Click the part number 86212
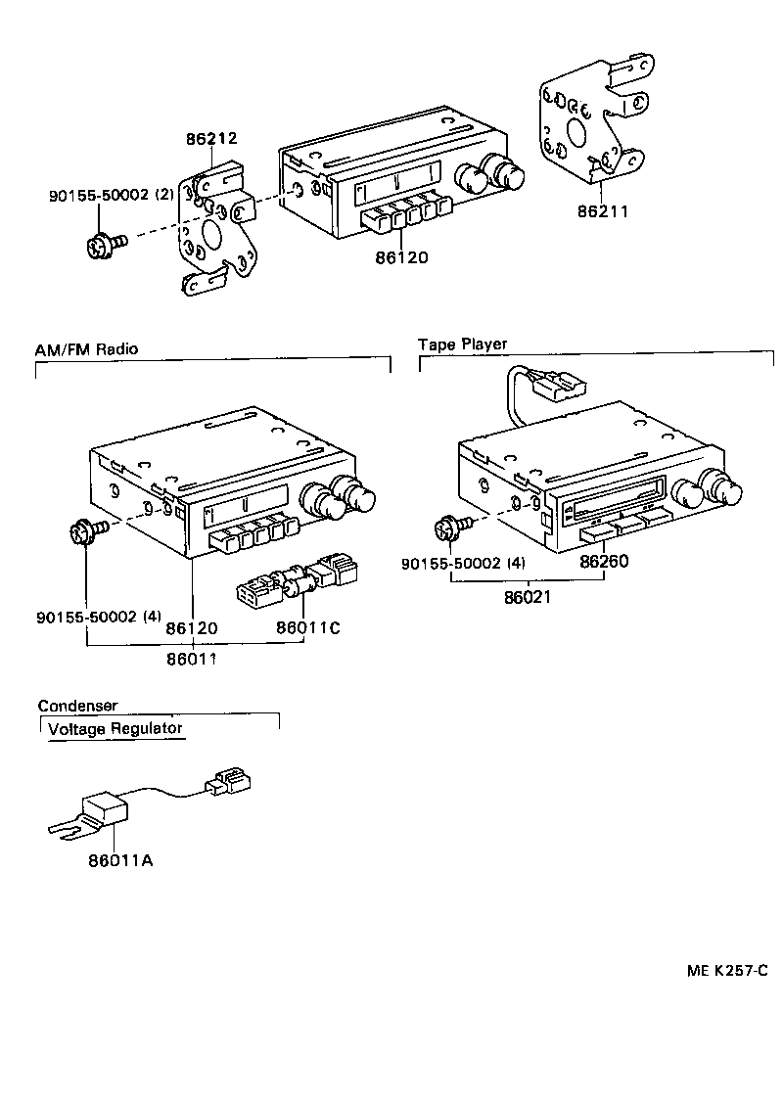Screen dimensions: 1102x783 212,140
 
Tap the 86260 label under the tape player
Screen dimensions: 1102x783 604,562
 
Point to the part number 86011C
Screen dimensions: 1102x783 307,627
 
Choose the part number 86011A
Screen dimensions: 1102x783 120,861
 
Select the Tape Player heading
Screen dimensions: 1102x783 462,344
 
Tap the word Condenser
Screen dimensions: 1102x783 77,706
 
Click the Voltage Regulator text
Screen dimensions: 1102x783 115,728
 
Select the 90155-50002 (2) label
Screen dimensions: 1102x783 111,195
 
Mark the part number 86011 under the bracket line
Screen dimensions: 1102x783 192,660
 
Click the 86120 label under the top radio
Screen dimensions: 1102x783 401,258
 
